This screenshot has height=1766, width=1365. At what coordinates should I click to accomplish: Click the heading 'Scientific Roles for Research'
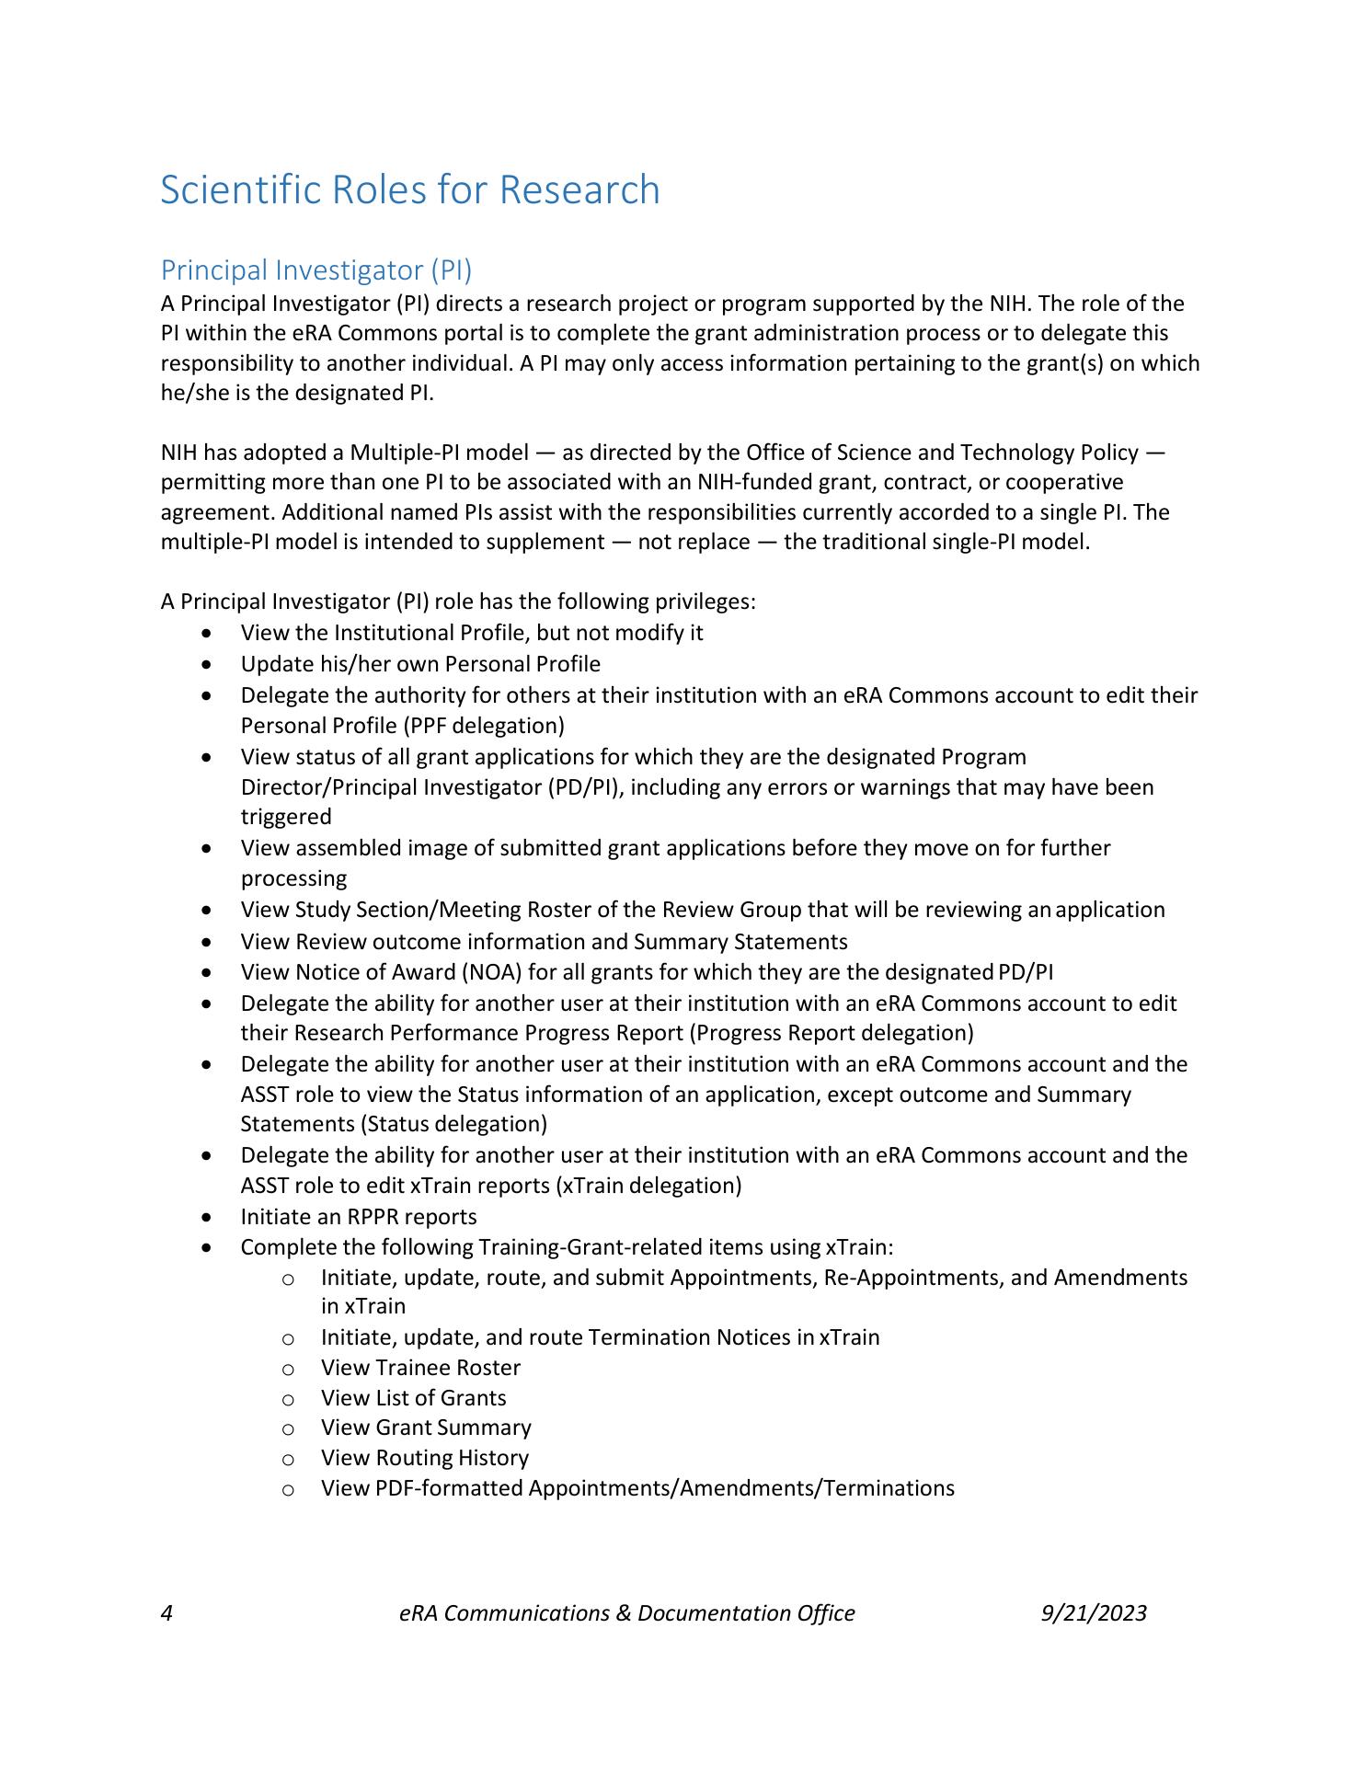(410, 190)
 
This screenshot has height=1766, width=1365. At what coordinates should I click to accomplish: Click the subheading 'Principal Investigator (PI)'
(315, 270)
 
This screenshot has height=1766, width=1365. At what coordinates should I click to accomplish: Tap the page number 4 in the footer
(166, 1613)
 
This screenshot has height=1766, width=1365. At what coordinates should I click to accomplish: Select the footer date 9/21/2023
(1094, 1613)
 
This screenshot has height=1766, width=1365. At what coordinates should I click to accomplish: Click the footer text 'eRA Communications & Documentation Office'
(627, 1613)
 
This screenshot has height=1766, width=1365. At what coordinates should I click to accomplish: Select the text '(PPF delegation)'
(483, 726)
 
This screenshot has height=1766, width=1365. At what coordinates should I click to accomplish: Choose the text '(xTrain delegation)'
(648, 1186)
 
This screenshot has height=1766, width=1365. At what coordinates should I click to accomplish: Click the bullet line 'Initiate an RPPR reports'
(359, 1217)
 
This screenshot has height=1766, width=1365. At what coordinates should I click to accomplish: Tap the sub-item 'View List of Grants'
(413, 1398)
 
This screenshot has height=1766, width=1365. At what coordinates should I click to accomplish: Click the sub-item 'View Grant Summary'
(426, 1428)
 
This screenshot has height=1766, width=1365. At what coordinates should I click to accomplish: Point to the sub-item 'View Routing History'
(425, 1458)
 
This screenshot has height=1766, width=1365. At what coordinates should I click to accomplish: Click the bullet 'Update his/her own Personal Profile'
(420, 664)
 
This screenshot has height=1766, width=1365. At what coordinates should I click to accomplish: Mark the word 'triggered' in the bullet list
(286, 817)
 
